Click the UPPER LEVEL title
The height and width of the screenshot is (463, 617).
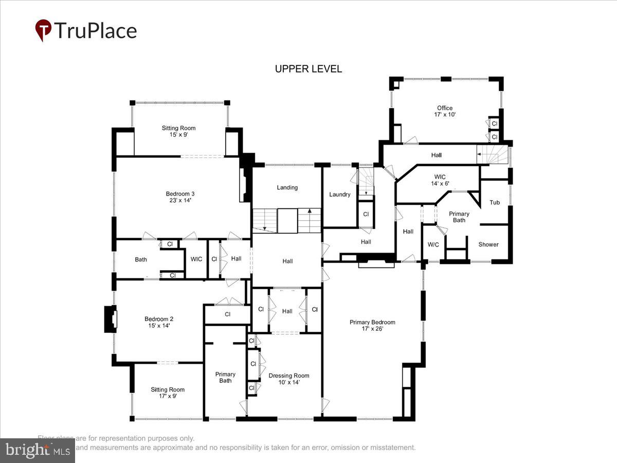click(x=308, y=69)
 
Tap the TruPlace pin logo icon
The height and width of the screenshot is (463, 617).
click(x=43, y=30)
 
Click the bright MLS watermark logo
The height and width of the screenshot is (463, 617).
click(x=37, y=450)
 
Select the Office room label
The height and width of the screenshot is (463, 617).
click(x=445, y=108)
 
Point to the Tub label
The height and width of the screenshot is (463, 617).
click(x=495, y=202)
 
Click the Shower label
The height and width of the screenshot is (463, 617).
click(x=488, y=244)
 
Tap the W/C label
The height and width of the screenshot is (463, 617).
click(x=433, y=244)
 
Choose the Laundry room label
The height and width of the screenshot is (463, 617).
click(x=340, y=194)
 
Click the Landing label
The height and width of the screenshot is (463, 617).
click(x=287, y=187)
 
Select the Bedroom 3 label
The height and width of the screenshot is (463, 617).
click(x=179, y=194)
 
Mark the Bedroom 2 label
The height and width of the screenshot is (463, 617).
click(x=159, y=319)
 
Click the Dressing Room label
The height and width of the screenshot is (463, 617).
click(x=289, y=376)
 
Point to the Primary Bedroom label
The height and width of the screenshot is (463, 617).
click(x=372, y=322)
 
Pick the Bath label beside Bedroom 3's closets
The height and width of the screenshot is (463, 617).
click(x=141, y=259)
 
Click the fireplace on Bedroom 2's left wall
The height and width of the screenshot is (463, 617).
click(x=111, y=319)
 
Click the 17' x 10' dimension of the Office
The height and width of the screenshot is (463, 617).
click(x=445, y=115)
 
